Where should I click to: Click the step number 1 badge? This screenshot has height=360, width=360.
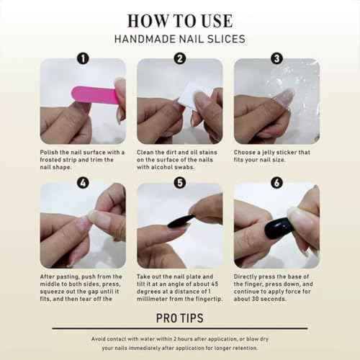click(x=83, y=59)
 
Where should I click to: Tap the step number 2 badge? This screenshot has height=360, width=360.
click(x=180, y=59)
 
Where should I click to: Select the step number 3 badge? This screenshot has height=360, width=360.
click(x=276, y=59)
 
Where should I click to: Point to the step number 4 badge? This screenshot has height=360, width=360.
click(x=83, y=183)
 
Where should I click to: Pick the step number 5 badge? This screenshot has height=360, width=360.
click(x=180, y=183)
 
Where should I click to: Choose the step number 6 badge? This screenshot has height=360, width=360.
click(x=276, y=183)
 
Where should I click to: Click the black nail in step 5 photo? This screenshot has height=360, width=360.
click(x=181, y=220)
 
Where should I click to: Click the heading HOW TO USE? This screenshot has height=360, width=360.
click(x=179, y=20)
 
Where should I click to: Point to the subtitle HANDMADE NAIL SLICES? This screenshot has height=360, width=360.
click(x=179, y=39)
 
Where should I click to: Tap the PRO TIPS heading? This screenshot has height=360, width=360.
click(x=179, y=318)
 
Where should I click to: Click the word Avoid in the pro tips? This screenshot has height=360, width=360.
click(x=101, y=338)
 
